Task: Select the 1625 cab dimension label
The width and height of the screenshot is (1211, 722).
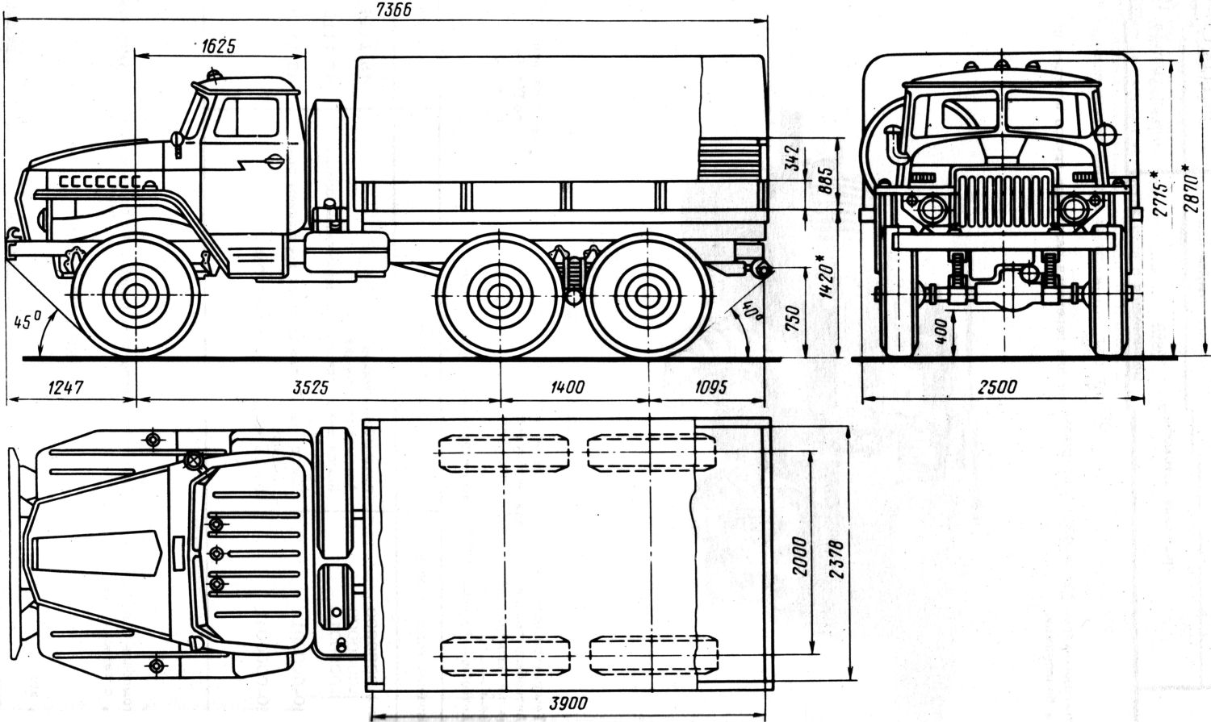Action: point(218,46)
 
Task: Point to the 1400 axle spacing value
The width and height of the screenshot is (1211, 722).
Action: point(568,387)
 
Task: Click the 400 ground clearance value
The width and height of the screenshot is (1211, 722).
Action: point(941,331)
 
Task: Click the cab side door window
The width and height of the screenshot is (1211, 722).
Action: point(247,118)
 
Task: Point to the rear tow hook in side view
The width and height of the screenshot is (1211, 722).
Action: point(759,271)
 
